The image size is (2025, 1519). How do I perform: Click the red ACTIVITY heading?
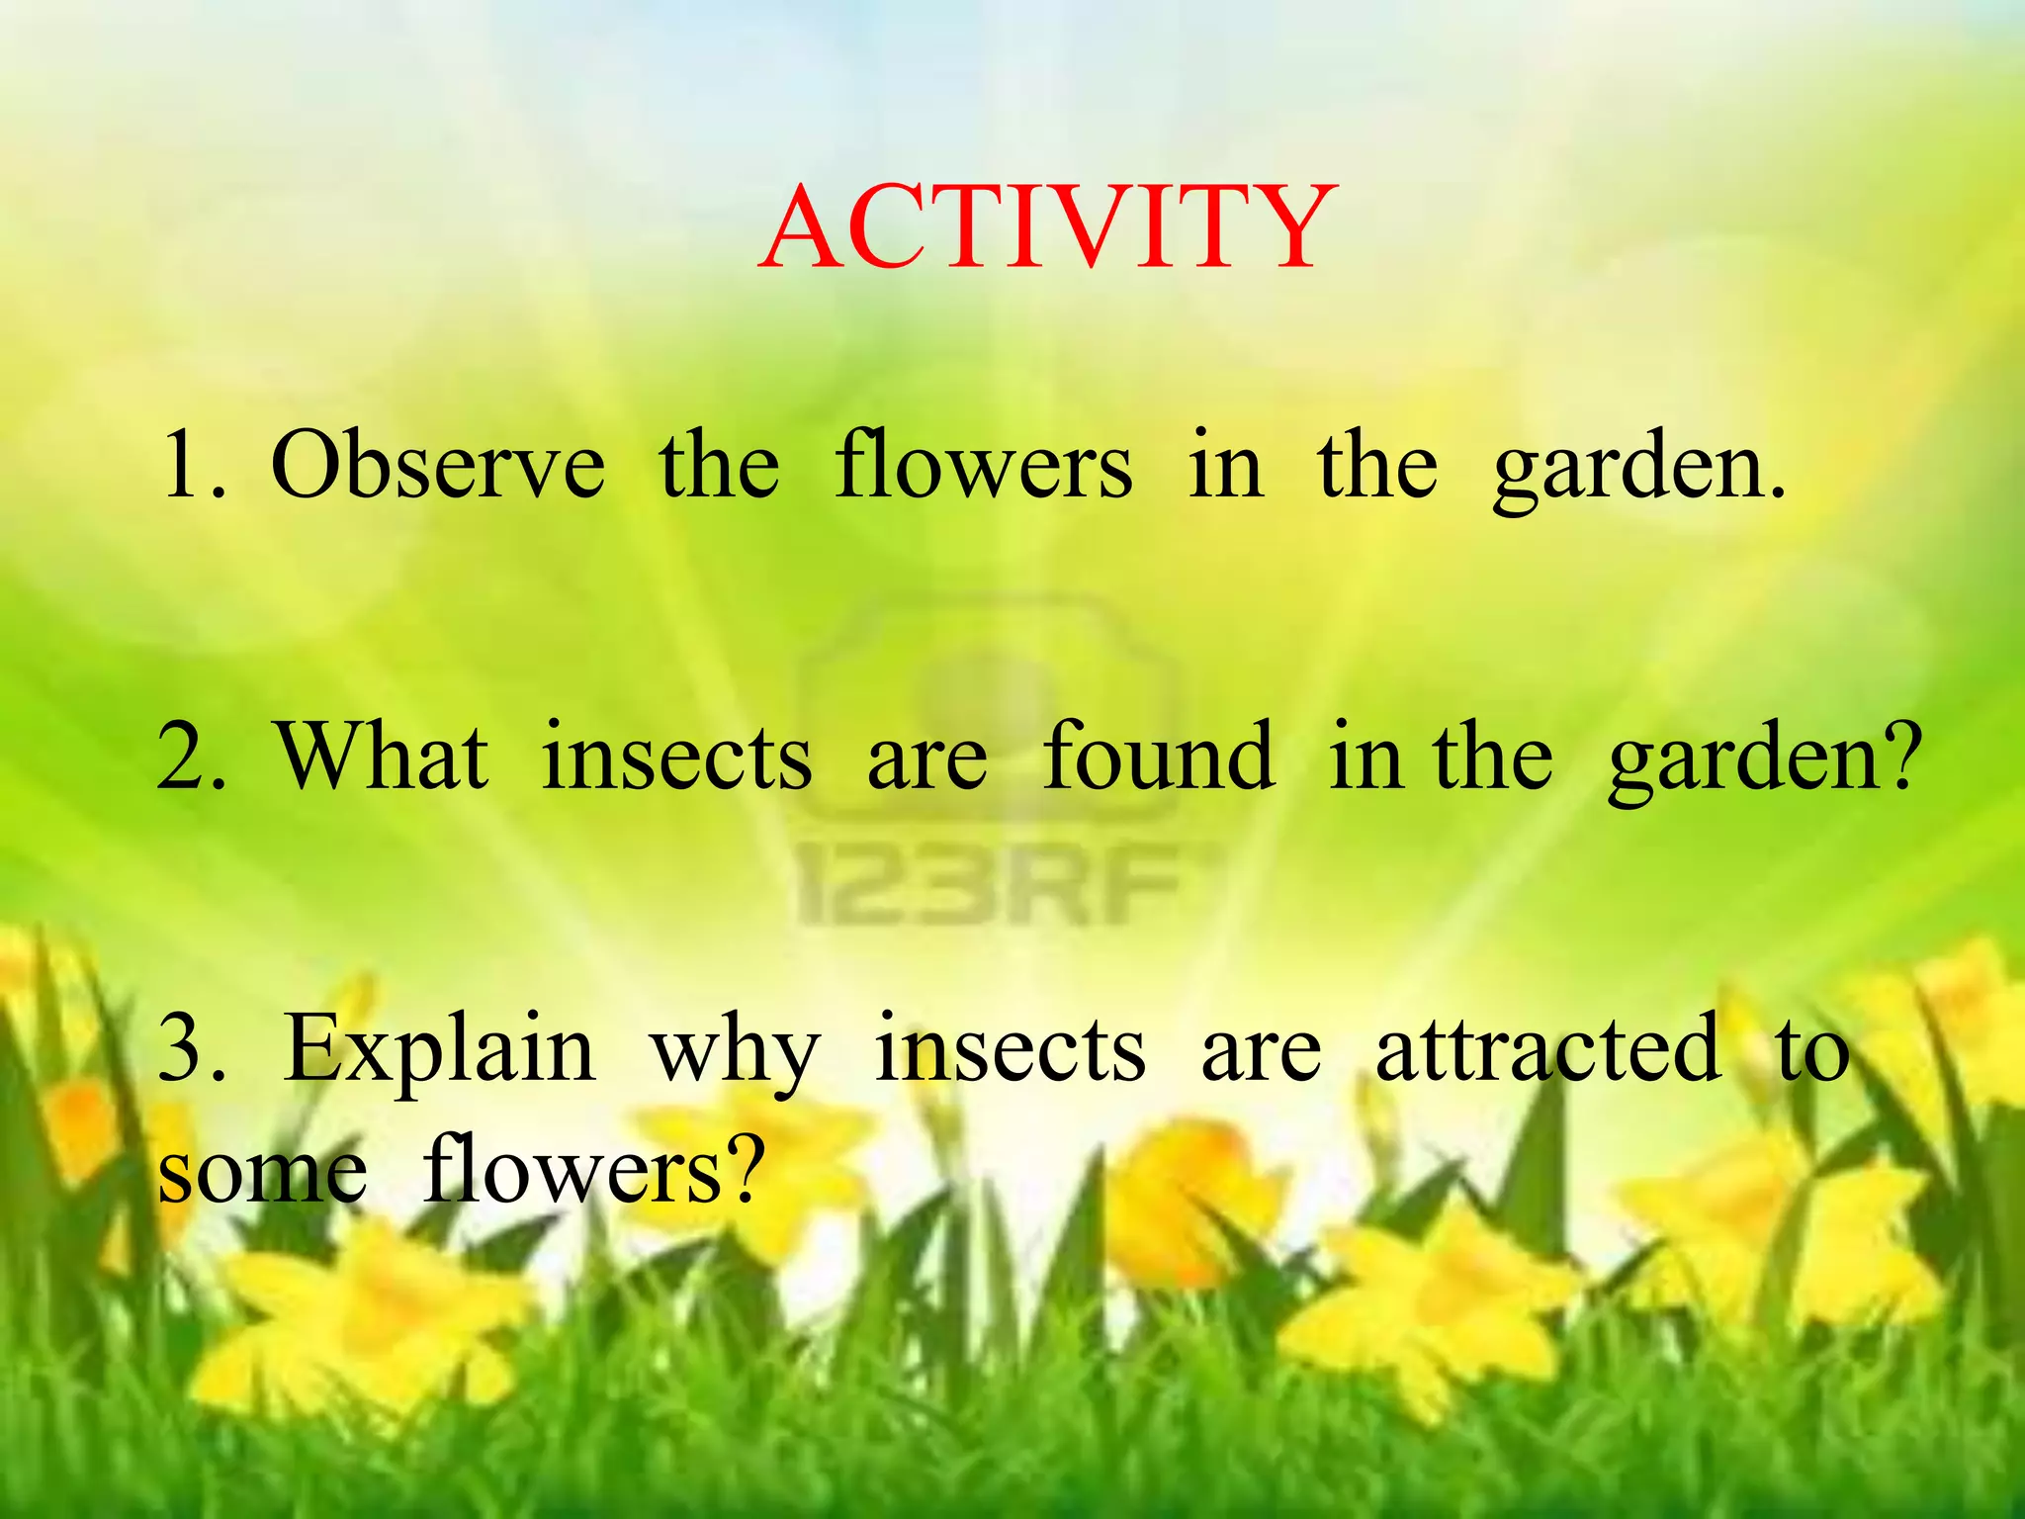point(1048,229)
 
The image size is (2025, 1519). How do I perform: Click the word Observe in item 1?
point(438,465)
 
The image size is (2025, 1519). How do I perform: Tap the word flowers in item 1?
point(983,465)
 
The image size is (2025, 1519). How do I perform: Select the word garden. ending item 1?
point(1639,471)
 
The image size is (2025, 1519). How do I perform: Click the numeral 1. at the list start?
point(194,465)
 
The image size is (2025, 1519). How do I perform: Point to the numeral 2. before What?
point(192,758)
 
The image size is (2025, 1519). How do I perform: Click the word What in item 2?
point(383,758)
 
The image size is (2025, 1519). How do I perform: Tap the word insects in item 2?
point(677,758)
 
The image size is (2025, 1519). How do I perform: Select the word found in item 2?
point(1158,758)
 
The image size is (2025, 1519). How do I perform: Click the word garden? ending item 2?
point(1765,761)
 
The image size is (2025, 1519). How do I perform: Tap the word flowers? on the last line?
point(594,1172)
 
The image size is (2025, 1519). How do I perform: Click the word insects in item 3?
point(1011,1050)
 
